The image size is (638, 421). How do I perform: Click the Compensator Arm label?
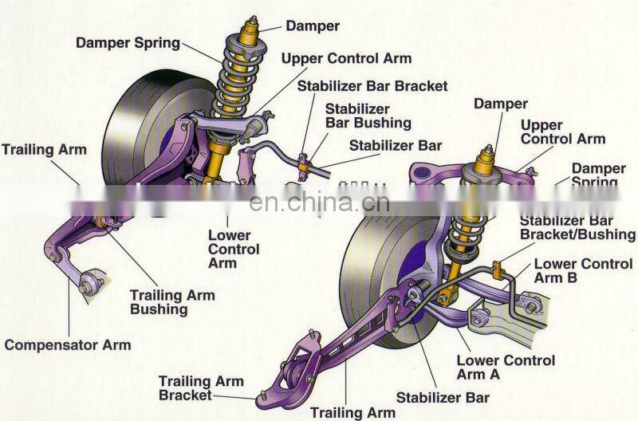[x=68, y=345]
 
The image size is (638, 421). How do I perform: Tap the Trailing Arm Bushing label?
[x=172, y=301]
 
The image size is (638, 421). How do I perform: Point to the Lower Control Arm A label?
[x=506, y=368]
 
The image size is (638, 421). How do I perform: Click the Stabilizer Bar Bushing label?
[x=368, y=116]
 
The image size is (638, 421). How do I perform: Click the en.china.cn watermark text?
[x=319, y=203]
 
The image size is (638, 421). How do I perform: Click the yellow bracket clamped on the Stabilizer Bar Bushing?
[x=304, y=163]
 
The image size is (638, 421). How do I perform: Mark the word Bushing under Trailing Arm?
[x=159, y=309]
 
